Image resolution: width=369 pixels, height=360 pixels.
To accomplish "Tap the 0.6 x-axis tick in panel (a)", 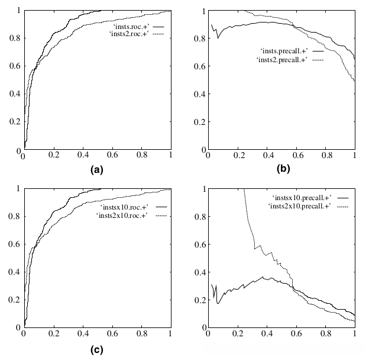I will (112, 158).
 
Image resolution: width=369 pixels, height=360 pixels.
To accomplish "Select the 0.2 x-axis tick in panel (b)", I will (238, 158).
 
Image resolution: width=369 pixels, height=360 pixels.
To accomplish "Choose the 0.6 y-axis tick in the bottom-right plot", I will (200, 244).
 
